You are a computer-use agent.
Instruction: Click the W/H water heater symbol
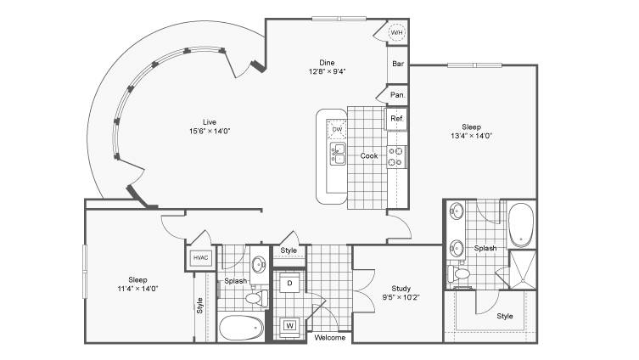[x=396, y=32]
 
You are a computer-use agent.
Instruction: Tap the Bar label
[x=398, y=64]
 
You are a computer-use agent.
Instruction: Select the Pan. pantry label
[x=398, y=94]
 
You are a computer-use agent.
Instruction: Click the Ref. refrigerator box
[x=396, y=119]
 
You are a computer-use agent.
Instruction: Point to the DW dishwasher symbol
[x=337, y=129]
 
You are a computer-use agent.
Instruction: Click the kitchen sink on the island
[x=338, y=154]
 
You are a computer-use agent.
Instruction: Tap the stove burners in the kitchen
[x=396, y=156]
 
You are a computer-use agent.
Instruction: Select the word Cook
[x=369, y=155]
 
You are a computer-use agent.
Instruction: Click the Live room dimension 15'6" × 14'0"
[x=210, y=131]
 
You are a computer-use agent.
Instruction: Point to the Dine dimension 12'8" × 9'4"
[x=327, y=71]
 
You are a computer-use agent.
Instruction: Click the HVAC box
[x=201, y=257]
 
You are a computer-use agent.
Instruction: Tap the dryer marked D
[x=289, y=283]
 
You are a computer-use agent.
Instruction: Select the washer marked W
[x=289, y=325]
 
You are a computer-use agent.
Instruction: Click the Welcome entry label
[x=330, y=338]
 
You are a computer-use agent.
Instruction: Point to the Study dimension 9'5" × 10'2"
[x=401, y=297]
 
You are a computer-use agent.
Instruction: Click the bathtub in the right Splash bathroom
[x=521, y=224]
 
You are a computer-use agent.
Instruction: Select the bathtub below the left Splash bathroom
[x=241, y=328]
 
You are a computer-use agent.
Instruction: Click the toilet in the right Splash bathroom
[x=458, y=273]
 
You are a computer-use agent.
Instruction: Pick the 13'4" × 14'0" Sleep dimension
[x=471, y=136]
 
